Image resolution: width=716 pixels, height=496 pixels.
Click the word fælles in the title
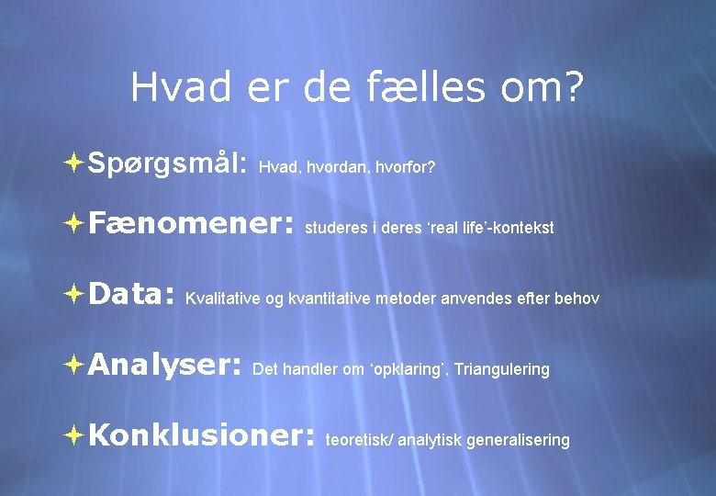(x=410, y=88)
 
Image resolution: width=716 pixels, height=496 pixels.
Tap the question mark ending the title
(x=572, y=88)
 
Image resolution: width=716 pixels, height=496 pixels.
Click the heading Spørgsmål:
(x=167, y=163)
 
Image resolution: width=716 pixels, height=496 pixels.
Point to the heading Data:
(x=131, y=295)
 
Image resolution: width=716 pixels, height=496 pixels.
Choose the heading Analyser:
(x=164, y=366)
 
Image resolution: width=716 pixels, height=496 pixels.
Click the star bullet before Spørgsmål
(x=73, y=163)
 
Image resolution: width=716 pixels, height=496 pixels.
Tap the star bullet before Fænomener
(x=73, y=222)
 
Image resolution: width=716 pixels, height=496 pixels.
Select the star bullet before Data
(x=73, y=294)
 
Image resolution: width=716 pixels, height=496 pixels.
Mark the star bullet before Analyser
(x=73, y=365)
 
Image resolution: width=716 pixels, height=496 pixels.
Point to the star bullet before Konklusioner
(x=73, y=434)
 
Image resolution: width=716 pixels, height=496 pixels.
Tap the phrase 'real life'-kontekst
(x=493, y=228)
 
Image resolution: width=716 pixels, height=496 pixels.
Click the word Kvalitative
(x=223, y=299)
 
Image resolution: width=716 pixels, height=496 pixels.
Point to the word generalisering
(x=518, y=440)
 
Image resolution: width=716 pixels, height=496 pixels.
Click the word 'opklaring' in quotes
(x=408, y=369)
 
